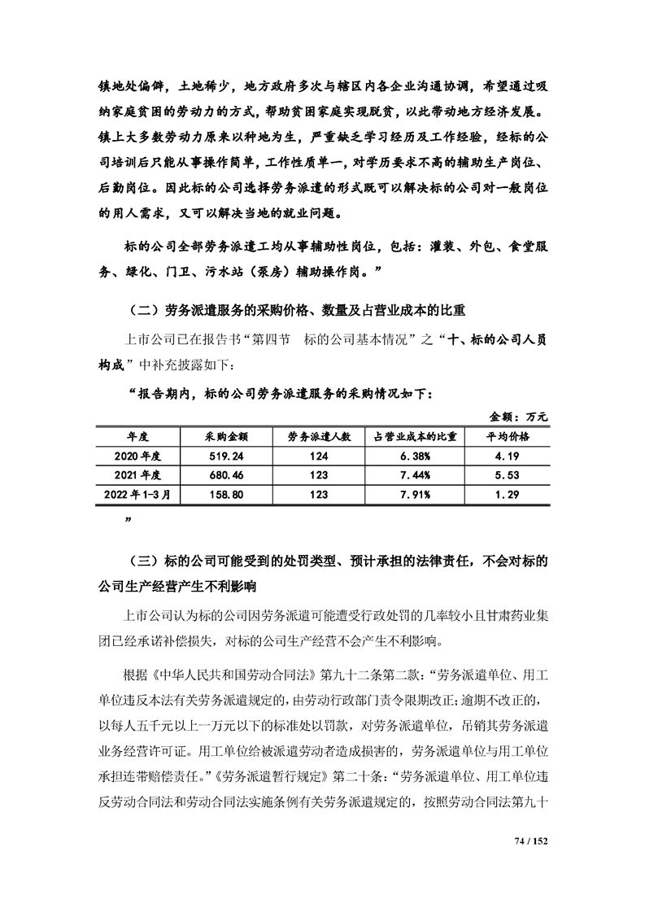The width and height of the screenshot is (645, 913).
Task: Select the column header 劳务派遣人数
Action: click(319, 436)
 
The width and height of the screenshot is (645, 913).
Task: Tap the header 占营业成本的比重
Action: click(415, 436)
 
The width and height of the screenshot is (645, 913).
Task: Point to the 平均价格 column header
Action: click(508, 436)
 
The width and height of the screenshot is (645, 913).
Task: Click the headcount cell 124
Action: click(319, 456)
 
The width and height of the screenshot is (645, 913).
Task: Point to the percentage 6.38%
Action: click(415, 456)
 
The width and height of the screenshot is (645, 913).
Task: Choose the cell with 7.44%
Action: click(415, 474)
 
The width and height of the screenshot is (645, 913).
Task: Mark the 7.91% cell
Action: click(415, 494)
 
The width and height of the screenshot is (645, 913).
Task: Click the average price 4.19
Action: click(508, 456)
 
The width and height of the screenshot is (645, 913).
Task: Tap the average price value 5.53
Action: click(508, 474)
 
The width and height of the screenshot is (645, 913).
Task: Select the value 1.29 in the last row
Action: click(508, 494)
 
